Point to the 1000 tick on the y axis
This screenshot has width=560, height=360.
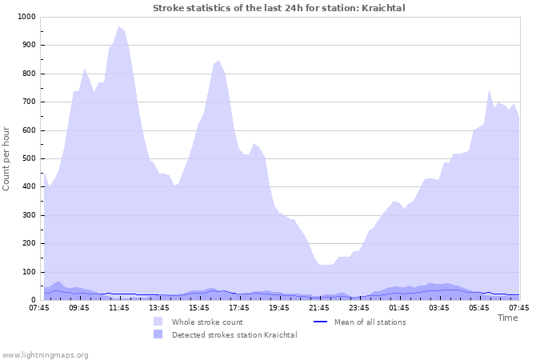[x=26, y=17]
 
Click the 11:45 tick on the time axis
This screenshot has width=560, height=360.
[x=119, y=307]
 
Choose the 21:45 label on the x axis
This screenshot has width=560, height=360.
[x=319, y=307]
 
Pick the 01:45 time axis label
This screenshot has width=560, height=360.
[x=399, y=307]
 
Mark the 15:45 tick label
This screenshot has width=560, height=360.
[x=199, y=307]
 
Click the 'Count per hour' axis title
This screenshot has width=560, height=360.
[x=7, y=158]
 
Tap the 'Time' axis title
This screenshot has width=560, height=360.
[x=507, y=318]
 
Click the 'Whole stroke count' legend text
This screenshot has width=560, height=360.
[x=207, y=322]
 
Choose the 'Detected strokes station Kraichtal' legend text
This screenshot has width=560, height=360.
[x=234, y=334]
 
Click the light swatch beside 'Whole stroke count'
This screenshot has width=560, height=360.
[x=158, y=322]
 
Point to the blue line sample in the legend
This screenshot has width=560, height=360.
[x=320, y=322]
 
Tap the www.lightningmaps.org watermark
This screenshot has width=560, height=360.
[x=45, y=354]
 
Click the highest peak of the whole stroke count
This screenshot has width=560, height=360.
[x=119, y=27]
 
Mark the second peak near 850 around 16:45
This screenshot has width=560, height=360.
[x=218, y=60]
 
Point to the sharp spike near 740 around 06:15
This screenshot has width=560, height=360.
[x=489, y=91]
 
